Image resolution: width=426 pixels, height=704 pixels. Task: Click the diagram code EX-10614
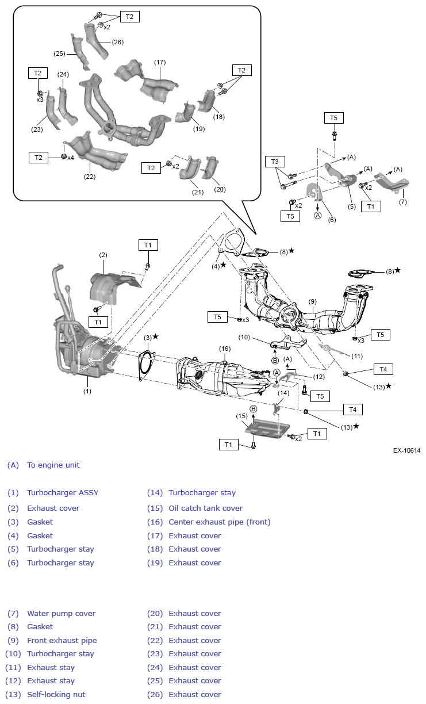point(406,450)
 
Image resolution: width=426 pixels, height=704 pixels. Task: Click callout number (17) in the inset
point(160,62)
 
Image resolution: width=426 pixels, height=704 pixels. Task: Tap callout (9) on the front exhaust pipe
point(313,301)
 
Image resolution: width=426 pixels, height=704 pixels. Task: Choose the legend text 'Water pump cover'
point(61,614)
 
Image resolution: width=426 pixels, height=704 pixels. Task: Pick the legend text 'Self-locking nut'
point(56,695)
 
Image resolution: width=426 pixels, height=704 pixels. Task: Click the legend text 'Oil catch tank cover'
point(206,508)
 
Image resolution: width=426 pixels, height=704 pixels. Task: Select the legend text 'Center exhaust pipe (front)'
point(219,522)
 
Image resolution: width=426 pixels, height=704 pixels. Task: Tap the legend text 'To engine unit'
point(53,465)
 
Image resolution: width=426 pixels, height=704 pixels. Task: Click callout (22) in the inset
point(90,177)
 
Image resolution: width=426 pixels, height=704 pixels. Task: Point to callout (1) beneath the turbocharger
point(87,391)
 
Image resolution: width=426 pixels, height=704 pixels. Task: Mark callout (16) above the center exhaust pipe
point(224,349)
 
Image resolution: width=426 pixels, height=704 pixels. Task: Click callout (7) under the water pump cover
point(402,202)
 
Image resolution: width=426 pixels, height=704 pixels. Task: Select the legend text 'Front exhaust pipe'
point(62,641)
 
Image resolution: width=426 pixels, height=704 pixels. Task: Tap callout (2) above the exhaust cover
point(103,255)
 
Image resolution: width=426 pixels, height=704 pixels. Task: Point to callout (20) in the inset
point(220,189)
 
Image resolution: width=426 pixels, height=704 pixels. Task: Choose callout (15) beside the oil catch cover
point(241,416)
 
